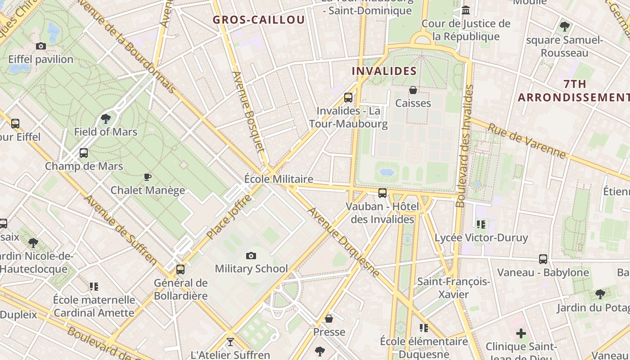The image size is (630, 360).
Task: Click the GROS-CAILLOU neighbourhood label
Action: pos(259,20)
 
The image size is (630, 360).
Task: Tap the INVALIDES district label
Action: pos(384,71)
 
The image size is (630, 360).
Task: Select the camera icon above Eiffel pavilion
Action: pos(41,46)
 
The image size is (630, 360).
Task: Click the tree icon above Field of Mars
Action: pos(106,119)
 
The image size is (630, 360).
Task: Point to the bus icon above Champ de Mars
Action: pos(84,153)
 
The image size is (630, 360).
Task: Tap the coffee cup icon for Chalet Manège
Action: pos(148,177)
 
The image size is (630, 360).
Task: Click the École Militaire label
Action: pos(278,179)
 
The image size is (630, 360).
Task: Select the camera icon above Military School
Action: pos(251,256)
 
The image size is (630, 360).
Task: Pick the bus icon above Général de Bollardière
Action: pos(180,270)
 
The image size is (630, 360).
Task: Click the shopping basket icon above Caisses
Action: pos(413,90)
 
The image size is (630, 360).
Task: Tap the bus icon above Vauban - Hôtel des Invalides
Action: pos(382,193)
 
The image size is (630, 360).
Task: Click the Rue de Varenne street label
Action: pos(526,141)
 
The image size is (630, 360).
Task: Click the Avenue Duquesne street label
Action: pos(344,242)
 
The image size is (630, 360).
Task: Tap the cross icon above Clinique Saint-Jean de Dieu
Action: pos(521,333)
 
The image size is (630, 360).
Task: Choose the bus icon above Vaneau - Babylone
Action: pos(543,259)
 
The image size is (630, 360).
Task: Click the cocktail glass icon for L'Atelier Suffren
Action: pos(230,342)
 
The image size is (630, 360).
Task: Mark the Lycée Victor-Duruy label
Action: pos(481,238)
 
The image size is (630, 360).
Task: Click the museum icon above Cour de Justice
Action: pos(466,10)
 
